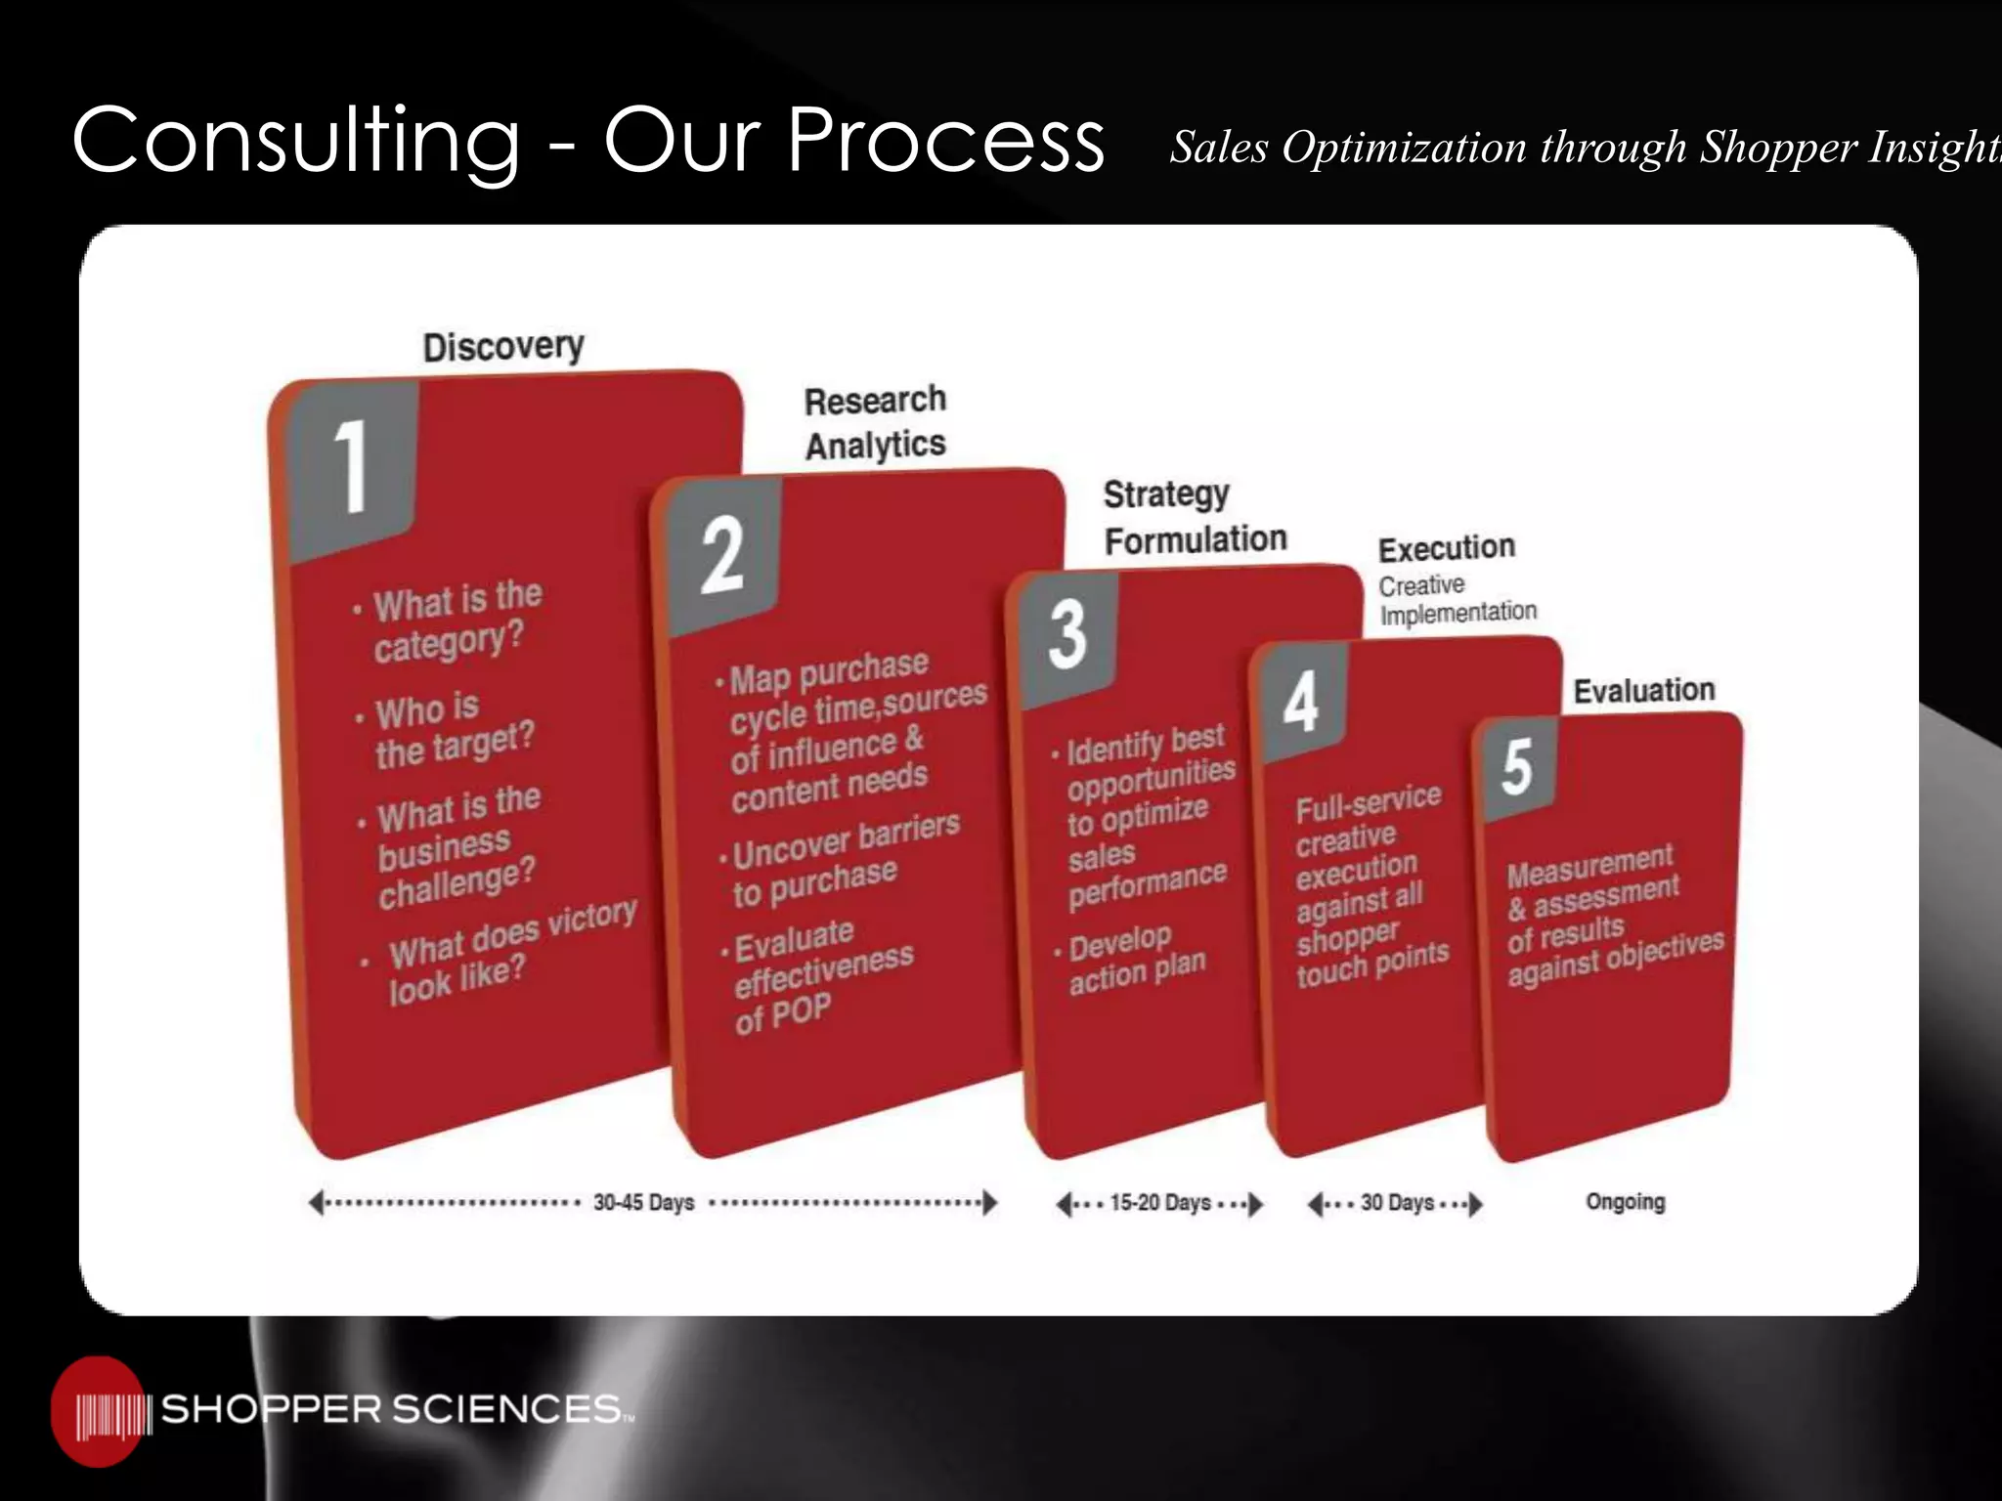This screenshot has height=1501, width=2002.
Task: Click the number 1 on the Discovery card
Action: (x=350, y=466)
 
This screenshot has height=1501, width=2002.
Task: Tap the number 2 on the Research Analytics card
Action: (x=722, y=555)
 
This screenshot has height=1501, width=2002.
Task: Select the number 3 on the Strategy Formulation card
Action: (x=1067, y=634)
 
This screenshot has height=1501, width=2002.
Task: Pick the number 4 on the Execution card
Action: (x=1300, y=702)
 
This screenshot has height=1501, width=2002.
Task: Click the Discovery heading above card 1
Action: (x=503, y=347)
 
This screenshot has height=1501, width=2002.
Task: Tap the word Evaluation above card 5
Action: (x=1643, y=690)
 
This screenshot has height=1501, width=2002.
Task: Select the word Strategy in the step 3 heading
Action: (x=1166, y=494)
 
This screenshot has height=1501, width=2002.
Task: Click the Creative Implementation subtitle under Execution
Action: (x=1457, y=599)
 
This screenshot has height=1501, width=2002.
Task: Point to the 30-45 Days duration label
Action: (x=643, y=1202)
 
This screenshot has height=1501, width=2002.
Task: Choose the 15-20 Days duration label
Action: (x=1160, y=1202)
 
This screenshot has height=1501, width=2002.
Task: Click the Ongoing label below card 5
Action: (x=1625, y=1201)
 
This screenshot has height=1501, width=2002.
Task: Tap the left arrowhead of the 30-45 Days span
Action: (x=316, y=1203)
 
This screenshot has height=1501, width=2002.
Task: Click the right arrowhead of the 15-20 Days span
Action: (x=1256, y=1203)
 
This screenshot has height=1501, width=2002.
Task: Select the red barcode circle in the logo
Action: (x=98, y=1411)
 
